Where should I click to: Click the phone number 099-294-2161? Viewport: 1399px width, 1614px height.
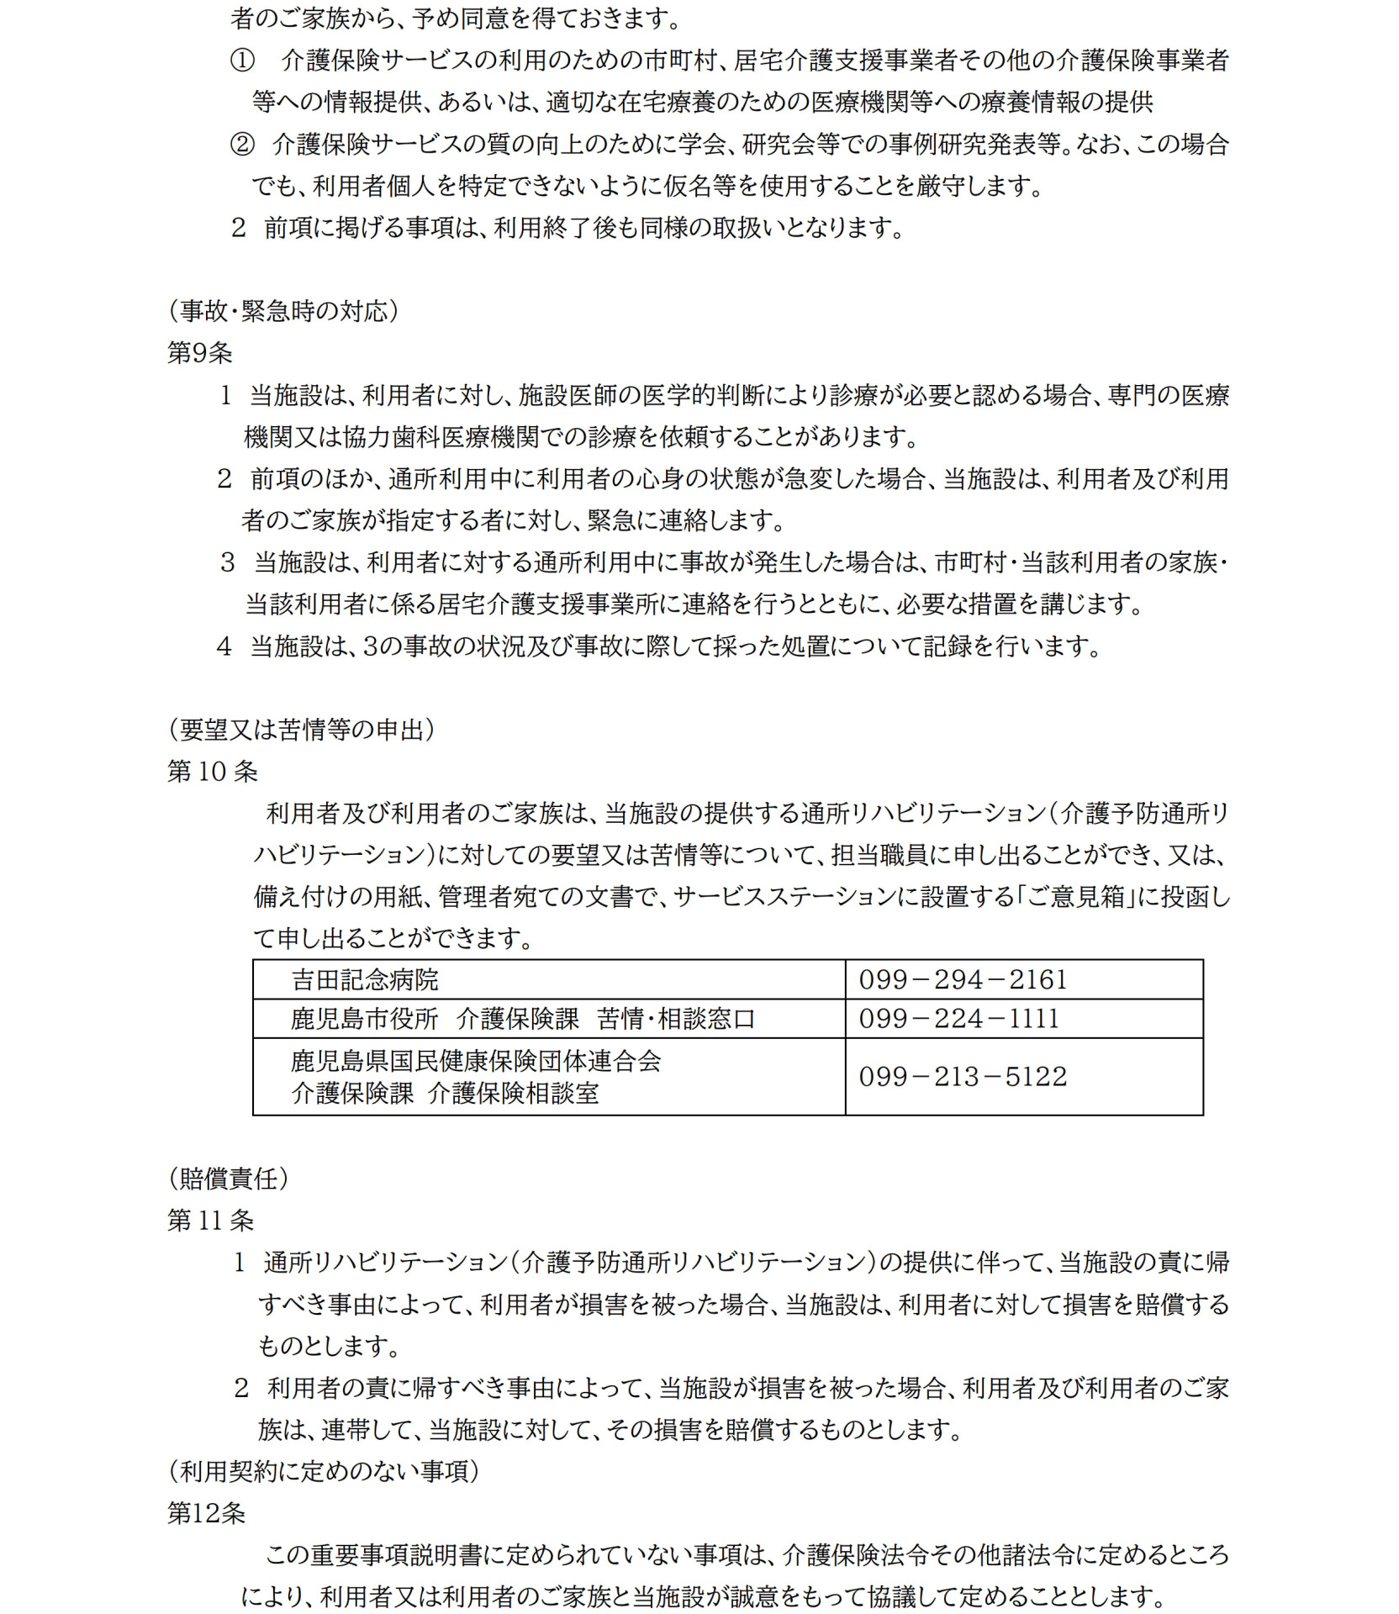pyautogui.click(x=963, y=979)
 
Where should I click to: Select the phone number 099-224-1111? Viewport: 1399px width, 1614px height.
pyautogui.click(x=958, y=1019)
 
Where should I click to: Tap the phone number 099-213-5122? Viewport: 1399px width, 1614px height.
pyautogui.click(x=963, y=1077)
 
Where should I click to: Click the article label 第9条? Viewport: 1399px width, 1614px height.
pyautogui.click(x=200, y=353)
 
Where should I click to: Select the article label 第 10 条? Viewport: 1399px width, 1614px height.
pyautogui.click(x=212, y=772)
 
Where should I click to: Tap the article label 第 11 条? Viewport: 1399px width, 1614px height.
pyautogui.click(x=210, y=1221)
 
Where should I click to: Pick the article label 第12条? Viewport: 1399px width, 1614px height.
pyautogui.click(x=206, y=1513)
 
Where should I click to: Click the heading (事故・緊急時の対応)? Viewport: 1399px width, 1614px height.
pyautogui.click(x=283, y=311)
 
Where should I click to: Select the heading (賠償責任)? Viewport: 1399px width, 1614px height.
pyautogui.click(x=229, y=1179)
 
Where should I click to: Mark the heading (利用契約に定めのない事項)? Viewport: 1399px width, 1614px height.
pyautogui.click(x=324, y=1471)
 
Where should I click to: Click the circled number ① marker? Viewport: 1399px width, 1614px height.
pyautogui.click(x=242, y=61)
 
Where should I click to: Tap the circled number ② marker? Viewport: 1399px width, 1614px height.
pyautogui.click(x=242, y=145)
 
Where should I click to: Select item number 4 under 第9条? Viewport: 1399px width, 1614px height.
pyautogui.click(x=224, y=646)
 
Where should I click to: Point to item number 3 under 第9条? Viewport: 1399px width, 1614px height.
pyautogui.click(x=227, y=562)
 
